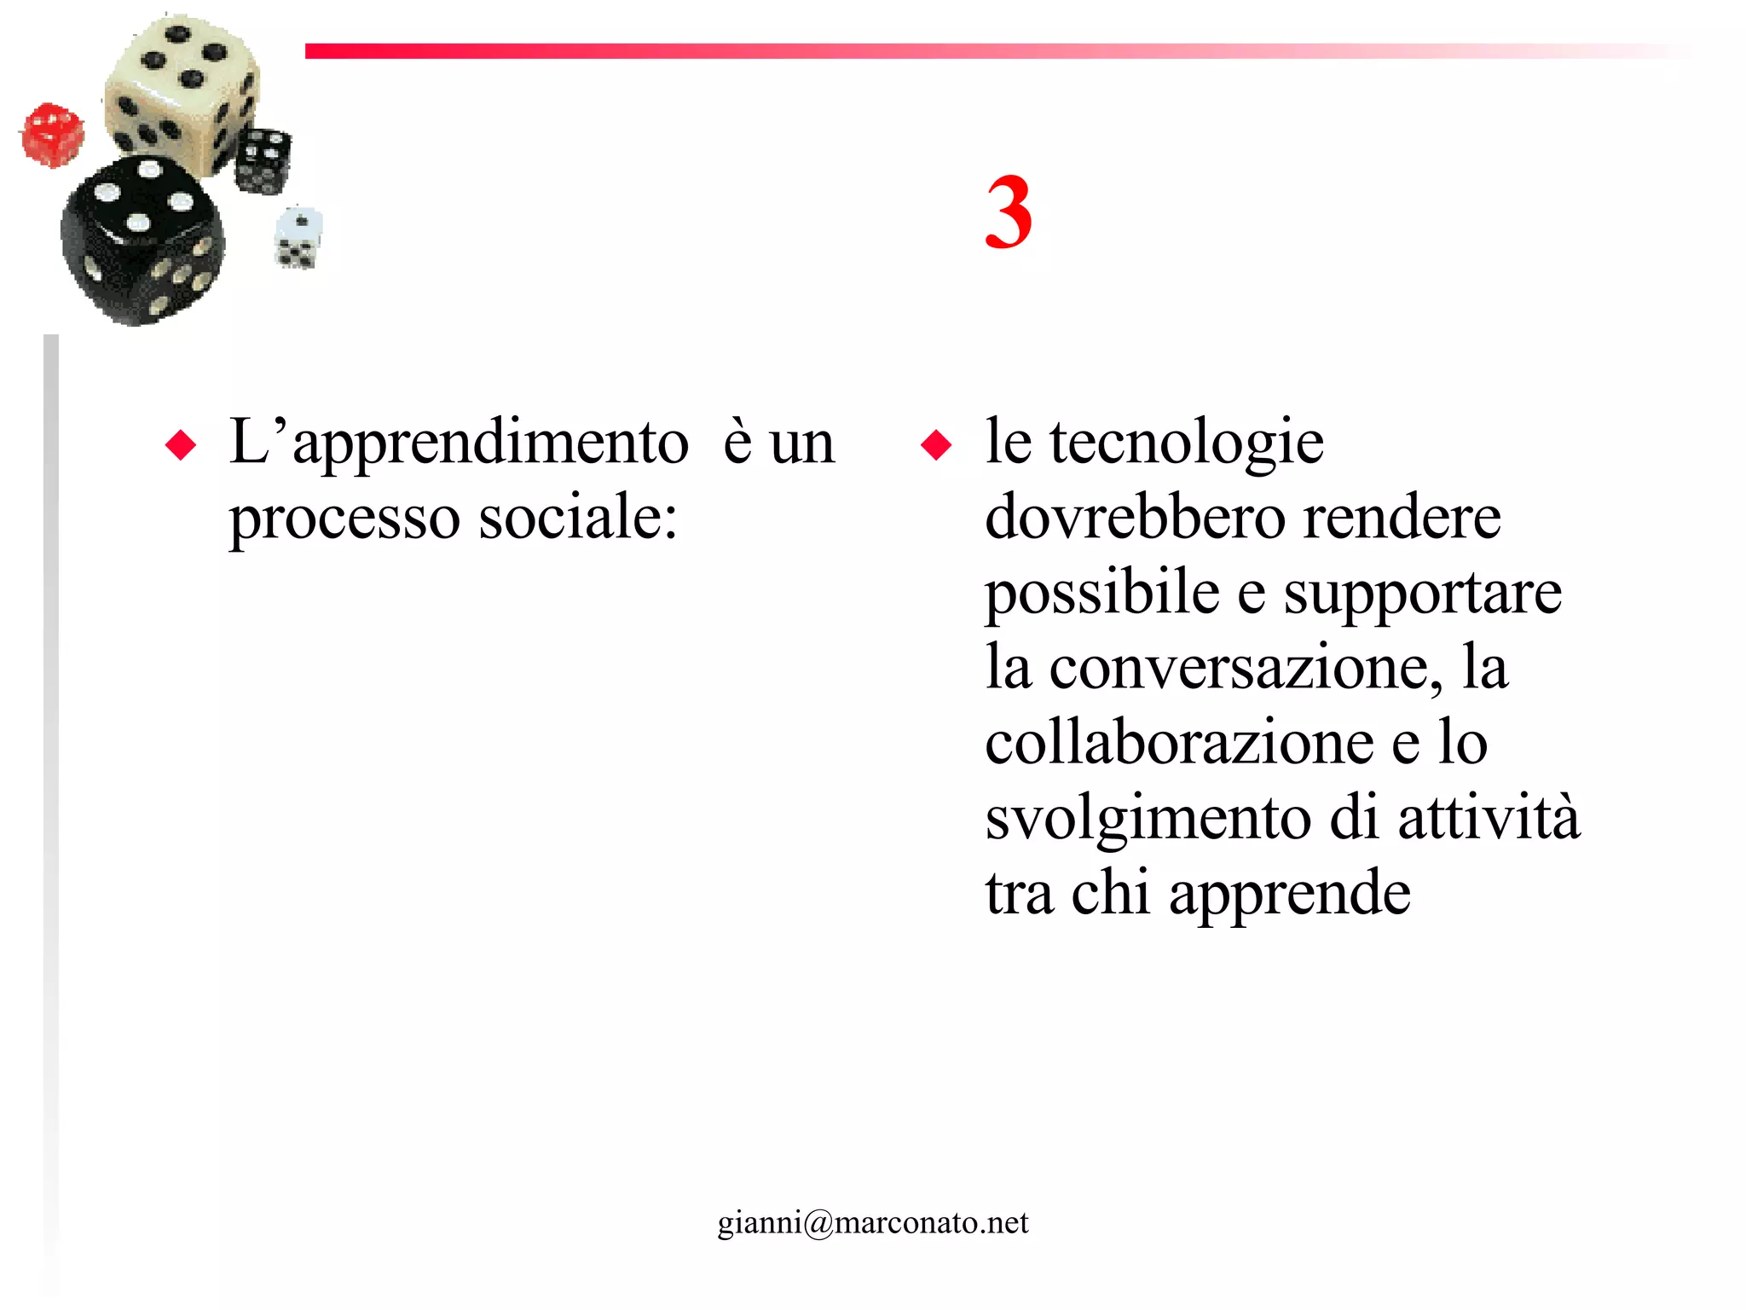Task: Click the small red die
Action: [53, 135]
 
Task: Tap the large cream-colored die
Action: [182, 92]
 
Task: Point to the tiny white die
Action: [298, 238]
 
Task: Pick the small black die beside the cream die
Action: [263, 159]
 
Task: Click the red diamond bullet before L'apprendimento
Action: [181, 445]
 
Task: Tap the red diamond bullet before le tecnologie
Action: [936, 445]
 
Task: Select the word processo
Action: [344, 519]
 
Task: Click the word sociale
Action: [577, 517]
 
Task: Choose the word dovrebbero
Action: [1135, 517]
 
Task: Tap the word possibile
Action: [1102, 594]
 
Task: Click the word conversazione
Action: [1246, 667]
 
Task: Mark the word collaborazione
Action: [1179, 742]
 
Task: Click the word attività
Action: [1489, 817]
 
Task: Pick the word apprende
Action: [1289, 894]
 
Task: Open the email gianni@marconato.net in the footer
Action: [873, 1222]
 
